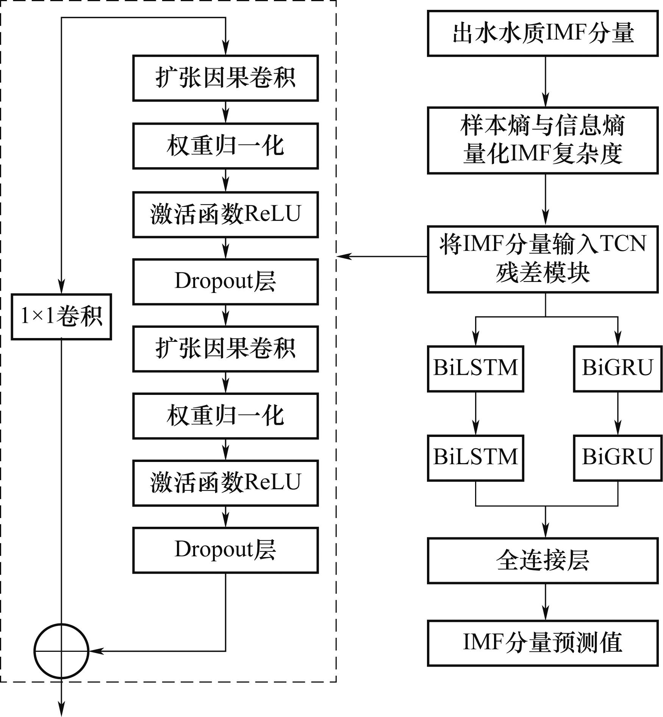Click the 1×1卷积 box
[x=61, y=316]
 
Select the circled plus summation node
[x=61, y=651]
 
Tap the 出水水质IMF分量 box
[x=543, y=33]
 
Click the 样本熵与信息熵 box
[x=543, y=140]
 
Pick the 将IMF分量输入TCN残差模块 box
[x=543, y=259]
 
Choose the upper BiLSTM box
[x=475, y=368]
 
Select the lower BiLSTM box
[x=475, y=458]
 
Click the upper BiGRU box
[x=618, y=368]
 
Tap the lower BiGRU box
[x=618, y=458]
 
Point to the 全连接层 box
[x=543, y=560]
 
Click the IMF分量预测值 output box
[x=543, y=643]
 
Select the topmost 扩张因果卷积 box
[x=225, y=78]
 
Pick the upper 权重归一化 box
[x=225, y=146]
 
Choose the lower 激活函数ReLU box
[x=225, y=483]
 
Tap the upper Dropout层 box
[x=225, y=282]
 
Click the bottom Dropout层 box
[x=225, y=550]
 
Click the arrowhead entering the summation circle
[x=95, y=651]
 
